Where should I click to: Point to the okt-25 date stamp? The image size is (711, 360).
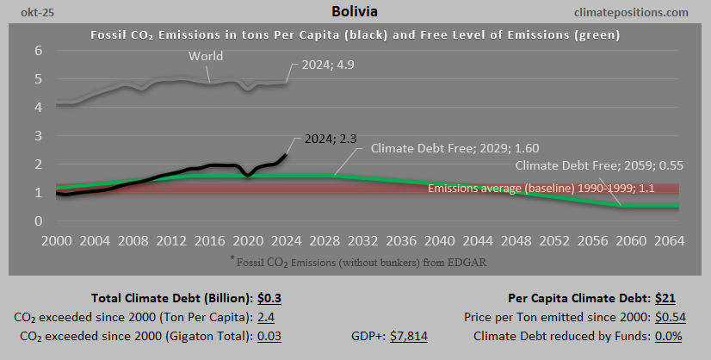pyautogui.click(x=30, y=13)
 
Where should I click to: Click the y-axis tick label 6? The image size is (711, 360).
pyautogui.click(x=38, y=51)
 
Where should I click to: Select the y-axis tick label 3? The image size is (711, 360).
pyautogui.click(x=38, y=136)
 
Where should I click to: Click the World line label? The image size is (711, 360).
pyautogui.click(x=207, y=57)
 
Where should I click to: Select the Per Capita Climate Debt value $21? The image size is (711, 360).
pyautogui.click(x=665, y=299)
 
